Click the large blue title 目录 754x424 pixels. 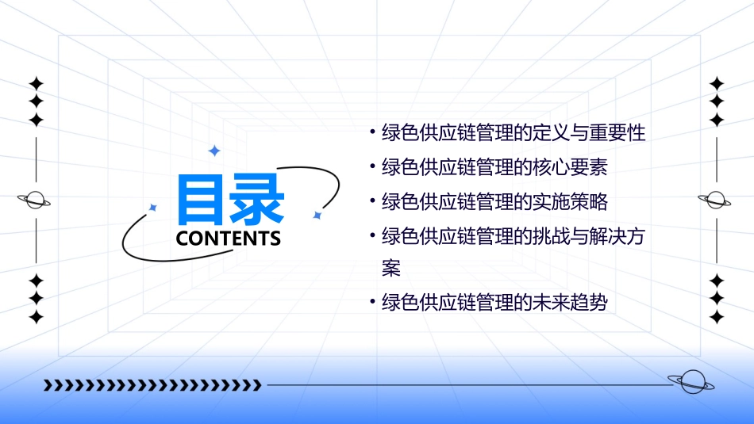(230, 199)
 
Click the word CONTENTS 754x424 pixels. (229, 239)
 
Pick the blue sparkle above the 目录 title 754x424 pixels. (214, 151)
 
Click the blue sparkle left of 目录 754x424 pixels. (153, 208)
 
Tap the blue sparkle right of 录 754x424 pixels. (317, 215)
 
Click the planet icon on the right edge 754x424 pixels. (716, 200)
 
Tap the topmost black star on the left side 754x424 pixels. (36, 83)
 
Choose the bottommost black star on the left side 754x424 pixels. (36, 317)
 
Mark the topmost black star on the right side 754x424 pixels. (717, 83)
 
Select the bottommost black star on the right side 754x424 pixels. (717, 317)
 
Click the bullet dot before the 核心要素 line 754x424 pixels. (372, 168)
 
